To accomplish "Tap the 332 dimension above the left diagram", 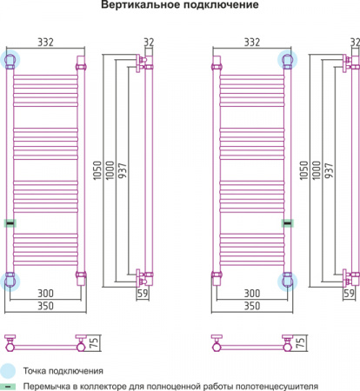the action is (46, 43).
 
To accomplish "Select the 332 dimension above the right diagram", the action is (252, 43).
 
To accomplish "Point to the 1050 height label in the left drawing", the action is (97, 170).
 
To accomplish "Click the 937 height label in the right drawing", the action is (330, 170).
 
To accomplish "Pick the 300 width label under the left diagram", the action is (46, 294).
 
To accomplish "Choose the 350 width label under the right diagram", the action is (252, 306).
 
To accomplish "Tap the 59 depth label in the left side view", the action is (143, 294).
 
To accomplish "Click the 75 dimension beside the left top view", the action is (95, 342).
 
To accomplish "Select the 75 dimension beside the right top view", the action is (301, 342).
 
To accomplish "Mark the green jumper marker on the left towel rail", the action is (10, 223).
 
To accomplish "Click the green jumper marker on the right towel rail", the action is (288, 223).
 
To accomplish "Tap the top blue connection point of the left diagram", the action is (10, 59).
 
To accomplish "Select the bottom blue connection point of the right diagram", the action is (287, 281).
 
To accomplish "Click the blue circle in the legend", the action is (8, 371).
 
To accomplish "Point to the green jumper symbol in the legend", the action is (8, 387).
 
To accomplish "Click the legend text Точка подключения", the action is (63, 371).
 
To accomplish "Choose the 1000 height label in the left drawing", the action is (110, 170).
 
